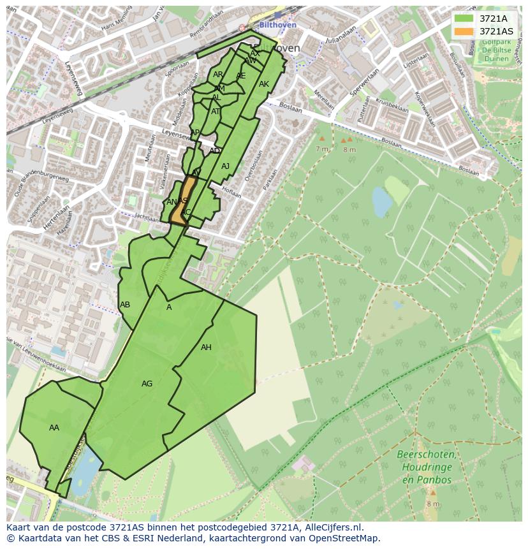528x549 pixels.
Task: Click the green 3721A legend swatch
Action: [464, 18]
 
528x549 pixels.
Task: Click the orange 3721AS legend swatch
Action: [464, 31]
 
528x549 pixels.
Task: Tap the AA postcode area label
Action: [54, 428]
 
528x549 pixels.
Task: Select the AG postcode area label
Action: [147, 384]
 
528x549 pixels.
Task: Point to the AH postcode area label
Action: [206, 348]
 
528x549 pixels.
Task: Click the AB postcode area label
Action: [125, 305]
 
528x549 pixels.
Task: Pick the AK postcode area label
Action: [264, 84]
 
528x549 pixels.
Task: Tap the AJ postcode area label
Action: [225, 166]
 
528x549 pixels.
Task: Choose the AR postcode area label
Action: [218, 75]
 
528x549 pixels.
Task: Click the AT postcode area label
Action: [216, 112]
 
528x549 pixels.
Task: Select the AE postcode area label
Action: [240, 76]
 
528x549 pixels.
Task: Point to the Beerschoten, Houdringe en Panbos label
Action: [426, 467]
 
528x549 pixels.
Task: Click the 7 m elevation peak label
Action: [321, 149]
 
